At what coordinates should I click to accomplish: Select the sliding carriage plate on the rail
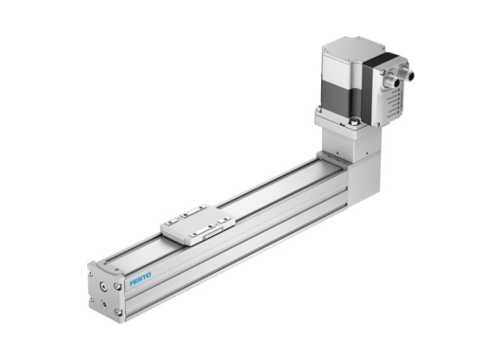tap(198, 225)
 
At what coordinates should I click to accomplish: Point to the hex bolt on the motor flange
tap(352, 121)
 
